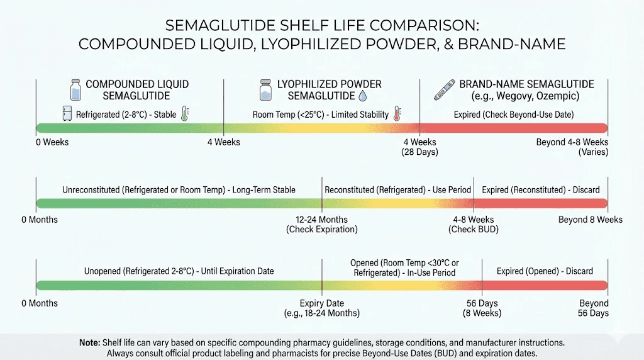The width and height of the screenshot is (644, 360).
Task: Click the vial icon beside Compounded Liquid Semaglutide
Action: click(x=75, y=89)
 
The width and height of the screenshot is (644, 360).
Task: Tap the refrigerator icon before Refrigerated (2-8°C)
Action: click(x=67, y=114)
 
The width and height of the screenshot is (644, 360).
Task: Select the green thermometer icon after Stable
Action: click(x=185, y=114)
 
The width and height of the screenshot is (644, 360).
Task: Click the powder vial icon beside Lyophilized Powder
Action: click(x=265, y=89)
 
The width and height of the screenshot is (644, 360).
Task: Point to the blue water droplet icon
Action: click(x=363, y=96)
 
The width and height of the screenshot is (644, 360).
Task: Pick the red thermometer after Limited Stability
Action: click(x=397, y=114)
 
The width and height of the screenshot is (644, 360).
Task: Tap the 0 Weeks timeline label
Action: click(x=52, y=142)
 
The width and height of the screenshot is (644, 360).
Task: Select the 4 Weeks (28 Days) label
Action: click(x=419, y=147)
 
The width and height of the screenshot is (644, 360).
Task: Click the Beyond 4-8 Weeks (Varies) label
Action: click(x=572, y=147)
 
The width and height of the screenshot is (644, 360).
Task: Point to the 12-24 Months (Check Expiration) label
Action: click(x=322, y=225)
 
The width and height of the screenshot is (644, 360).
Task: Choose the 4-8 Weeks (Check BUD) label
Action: click(x=474, y=225)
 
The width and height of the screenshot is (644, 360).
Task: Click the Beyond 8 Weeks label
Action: click(x=591, y=220)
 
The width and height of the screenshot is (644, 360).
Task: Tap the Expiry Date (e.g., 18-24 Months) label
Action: click(x=322, y=308)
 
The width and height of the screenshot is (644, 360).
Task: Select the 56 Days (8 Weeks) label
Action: click(x=482, y=308)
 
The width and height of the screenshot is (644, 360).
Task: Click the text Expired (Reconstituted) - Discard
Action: click(x=541, y=189)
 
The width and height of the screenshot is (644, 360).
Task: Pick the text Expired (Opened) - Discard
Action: click(x=545, y=271)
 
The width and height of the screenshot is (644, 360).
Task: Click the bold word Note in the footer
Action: click(x=89, y=343)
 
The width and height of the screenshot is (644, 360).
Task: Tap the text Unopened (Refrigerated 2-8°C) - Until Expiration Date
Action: click(x=179, y=271)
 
